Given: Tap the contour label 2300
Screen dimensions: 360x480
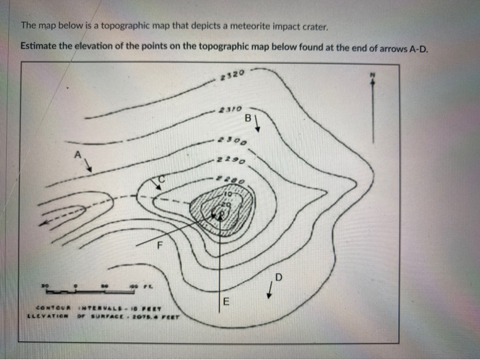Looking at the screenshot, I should pos(231,140).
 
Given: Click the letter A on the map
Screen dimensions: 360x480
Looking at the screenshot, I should pos(78,154).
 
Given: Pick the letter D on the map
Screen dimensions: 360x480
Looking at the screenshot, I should pos(278,276).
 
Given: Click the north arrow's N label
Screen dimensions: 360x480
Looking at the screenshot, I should pos(374,73).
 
